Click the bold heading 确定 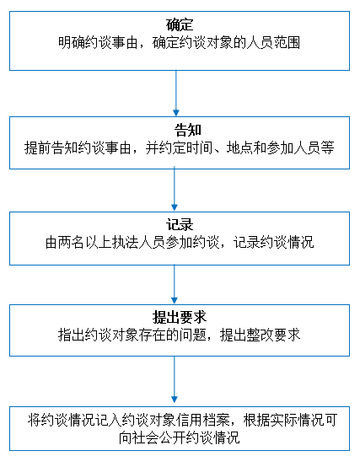(x=180, y=25)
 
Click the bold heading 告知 (x=188, y=130)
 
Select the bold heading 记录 (x=180, y=224)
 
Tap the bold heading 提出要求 (x=180, y=317)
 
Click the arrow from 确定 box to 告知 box (x=176, y=93)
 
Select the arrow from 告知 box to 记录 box (x=175, y=189)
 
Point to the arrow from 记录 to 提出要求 (x=175, y=284)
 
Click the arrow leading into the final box (x=175, y=379)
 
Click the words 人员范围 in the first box (x=273, y=43)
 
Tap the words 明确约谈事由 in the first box (x=98, y=43)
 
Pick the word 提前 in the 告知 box (x=37, y=148)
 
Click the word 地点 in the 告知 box (x=239, y=148)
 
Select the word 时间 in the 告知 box (x=199, y=148)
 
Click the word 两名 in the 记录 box (x=72, y=242)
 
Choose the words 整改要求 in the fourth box (x=273, y=335)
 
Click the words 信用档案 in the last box (x=202, y=420)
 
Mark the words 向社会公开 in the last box (x=152, y=437)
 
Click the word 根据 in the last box (x=256, y=420)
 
